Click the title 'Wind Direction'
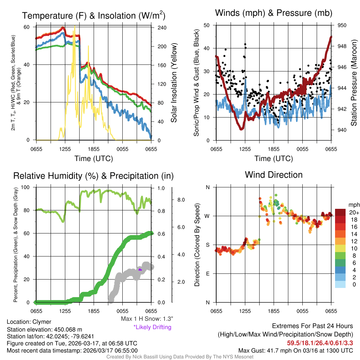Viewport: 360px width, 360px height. point(274,174)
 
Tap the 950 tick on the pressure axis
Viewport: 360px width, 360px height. point(342,25)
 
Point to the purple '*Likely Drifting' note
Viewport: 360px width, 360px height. point(152,327)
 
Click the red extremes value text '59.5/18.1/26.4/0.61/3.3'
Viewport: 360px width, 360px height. point(320,342)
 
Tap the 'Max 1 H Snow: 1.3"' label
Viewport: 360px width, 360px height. point(147,319)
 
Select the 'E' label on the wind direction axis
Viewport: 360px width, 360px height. point(208,274)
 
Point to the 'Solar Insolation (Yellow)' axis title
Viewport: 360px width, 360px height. point(174,83)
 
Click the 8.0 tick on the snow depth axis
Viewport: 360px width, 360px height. point(181,200)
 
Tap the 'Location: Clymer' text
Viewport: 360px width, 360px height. point(29,322)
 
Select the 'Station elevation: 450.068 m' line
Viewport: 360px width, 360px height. point(44,329)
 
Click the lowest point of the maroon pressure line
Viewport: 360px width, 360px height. point(242,129)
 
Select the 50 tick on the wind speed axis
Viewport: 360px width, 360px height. point(207,25)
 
